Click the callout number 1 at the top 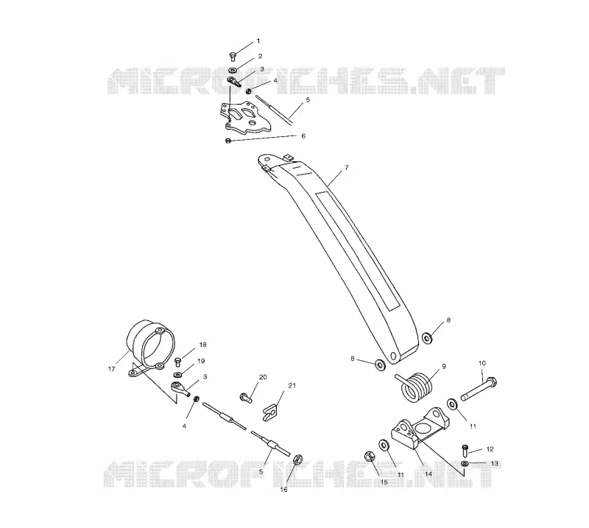pos(258,41)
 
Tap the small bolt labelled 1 pos(232,57)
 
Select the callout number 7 pos(346,168)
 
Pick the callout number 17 pos(111,369)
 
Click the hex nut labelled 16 pos(297,460)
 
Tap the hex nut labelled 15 pos(370,457)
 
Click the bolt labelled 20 pos(246,397)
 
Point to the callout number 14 pos(428,474)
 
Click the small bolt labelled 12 pos(465,450)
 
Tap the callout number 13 pos(494,463)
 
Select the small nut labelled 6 pos(228,141)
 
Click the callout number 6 pos(303,136)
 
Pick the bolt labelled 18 pos(178,362)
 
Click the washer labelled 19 pos(177,374)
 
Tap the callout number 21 pos(292,386)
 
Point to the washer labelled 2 pos(233,70)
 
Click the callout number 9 pos(444,366)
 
